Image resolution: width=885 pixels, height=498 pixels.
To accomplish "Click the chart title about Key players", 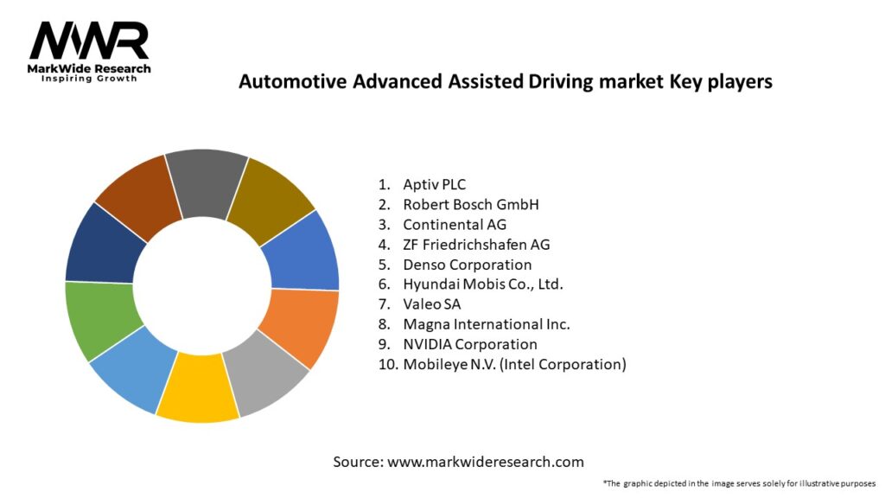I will coord(505,81).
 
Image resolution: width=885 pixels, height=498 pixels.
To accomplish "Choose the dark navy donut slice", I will coord(99,245).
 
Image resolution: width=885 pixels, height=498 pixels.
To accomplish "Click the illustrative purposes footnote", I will coord(739,483).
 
